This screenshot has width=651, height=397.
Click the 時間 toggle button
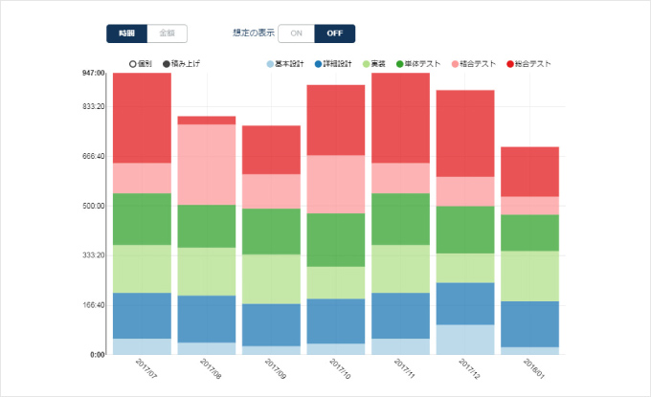coord(127,33)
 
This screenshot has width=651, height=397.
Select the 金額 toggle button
coord(168,33)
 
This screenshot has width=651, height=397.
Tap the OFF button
coord(334,33)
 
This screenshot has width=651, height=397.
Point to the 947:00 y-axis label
coord(93,73)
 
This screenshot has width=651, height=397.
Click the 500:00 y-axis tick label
coord(93,206)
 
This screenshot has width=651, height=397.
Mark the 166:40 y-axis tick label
coord(93,305)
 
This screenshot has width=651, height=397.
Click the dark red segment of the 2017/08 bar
coord(207,121)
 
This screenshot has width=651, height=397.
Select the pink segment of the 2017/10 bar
coord(336,184)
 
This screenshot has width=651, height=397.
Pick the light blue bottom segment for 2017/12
coord(465,340)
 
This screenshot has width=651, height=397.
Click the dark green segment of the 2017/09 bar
coord(271,232)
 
